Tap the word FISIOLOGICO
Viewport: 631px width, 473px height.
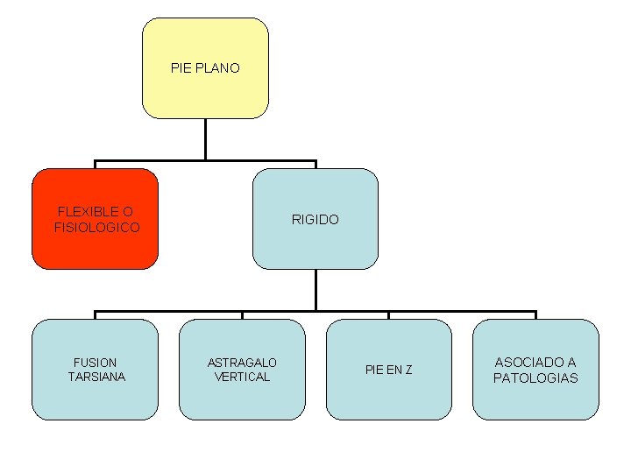pos(96,228)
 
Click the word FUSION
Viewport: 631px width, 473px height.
pos(96,362)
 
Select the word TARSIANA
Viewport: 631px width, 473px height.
pos(96,377)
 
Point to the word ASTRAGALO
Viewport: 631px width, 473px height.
pos(242,362)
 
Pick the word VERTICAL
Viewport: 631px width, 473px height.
pos(242,377)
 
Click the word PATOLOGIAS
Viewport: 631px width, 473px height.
pos(535,378)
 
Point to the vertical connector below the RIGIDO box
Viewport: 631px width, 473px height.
pos(315,289)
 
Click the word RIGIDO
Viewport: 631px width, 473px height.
pos(315,220)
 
